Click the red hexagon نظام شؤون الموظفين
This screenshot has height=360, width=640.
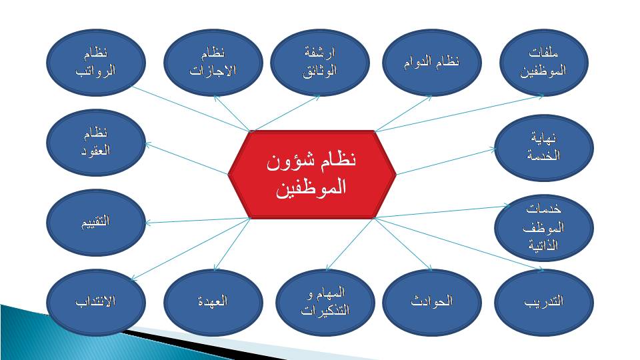tap(312, 175)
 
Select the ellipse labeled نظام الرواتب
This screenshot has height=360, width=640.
tap(96, 63)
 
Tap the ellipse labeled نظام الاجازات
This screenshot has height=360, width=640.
tap(213, 63)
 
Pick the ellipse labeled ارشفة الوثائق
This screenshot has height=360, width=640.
tap(319, 63)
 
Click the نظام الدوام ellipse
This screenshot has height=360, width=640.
tap(432, 63)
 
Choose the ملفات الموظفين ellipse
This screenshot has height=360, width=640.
tap(544, 63)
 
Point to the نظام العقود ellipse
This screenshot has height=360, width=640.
tap(96, 143)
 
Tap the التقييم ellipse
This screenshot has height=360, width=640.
tap(96, 223)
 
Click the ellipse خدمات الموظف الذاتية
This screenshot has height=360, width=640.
tap(544, 227)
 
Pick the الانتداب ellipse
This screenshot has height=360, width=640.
tap(96, 302)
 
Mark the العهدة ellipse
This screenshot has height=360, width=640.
tap(213, 302)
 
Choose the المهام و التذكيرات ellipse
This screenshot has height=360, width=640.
tap(325, 302)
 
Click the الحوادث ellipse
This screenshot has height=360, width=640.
tap(432, 302)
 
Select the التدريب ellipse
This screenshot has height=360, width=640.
tap(544, 302)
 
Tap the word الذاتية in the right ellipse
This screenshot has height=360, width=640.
tap(543, 245)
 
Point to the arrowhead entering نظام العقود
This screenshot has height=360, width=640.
tap(148, 144)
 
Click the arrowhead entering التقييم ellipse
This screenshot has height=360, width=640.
tap(148, 223)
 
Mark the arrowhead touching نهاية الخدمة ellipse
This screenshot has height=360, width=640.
tap(493, 150)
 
